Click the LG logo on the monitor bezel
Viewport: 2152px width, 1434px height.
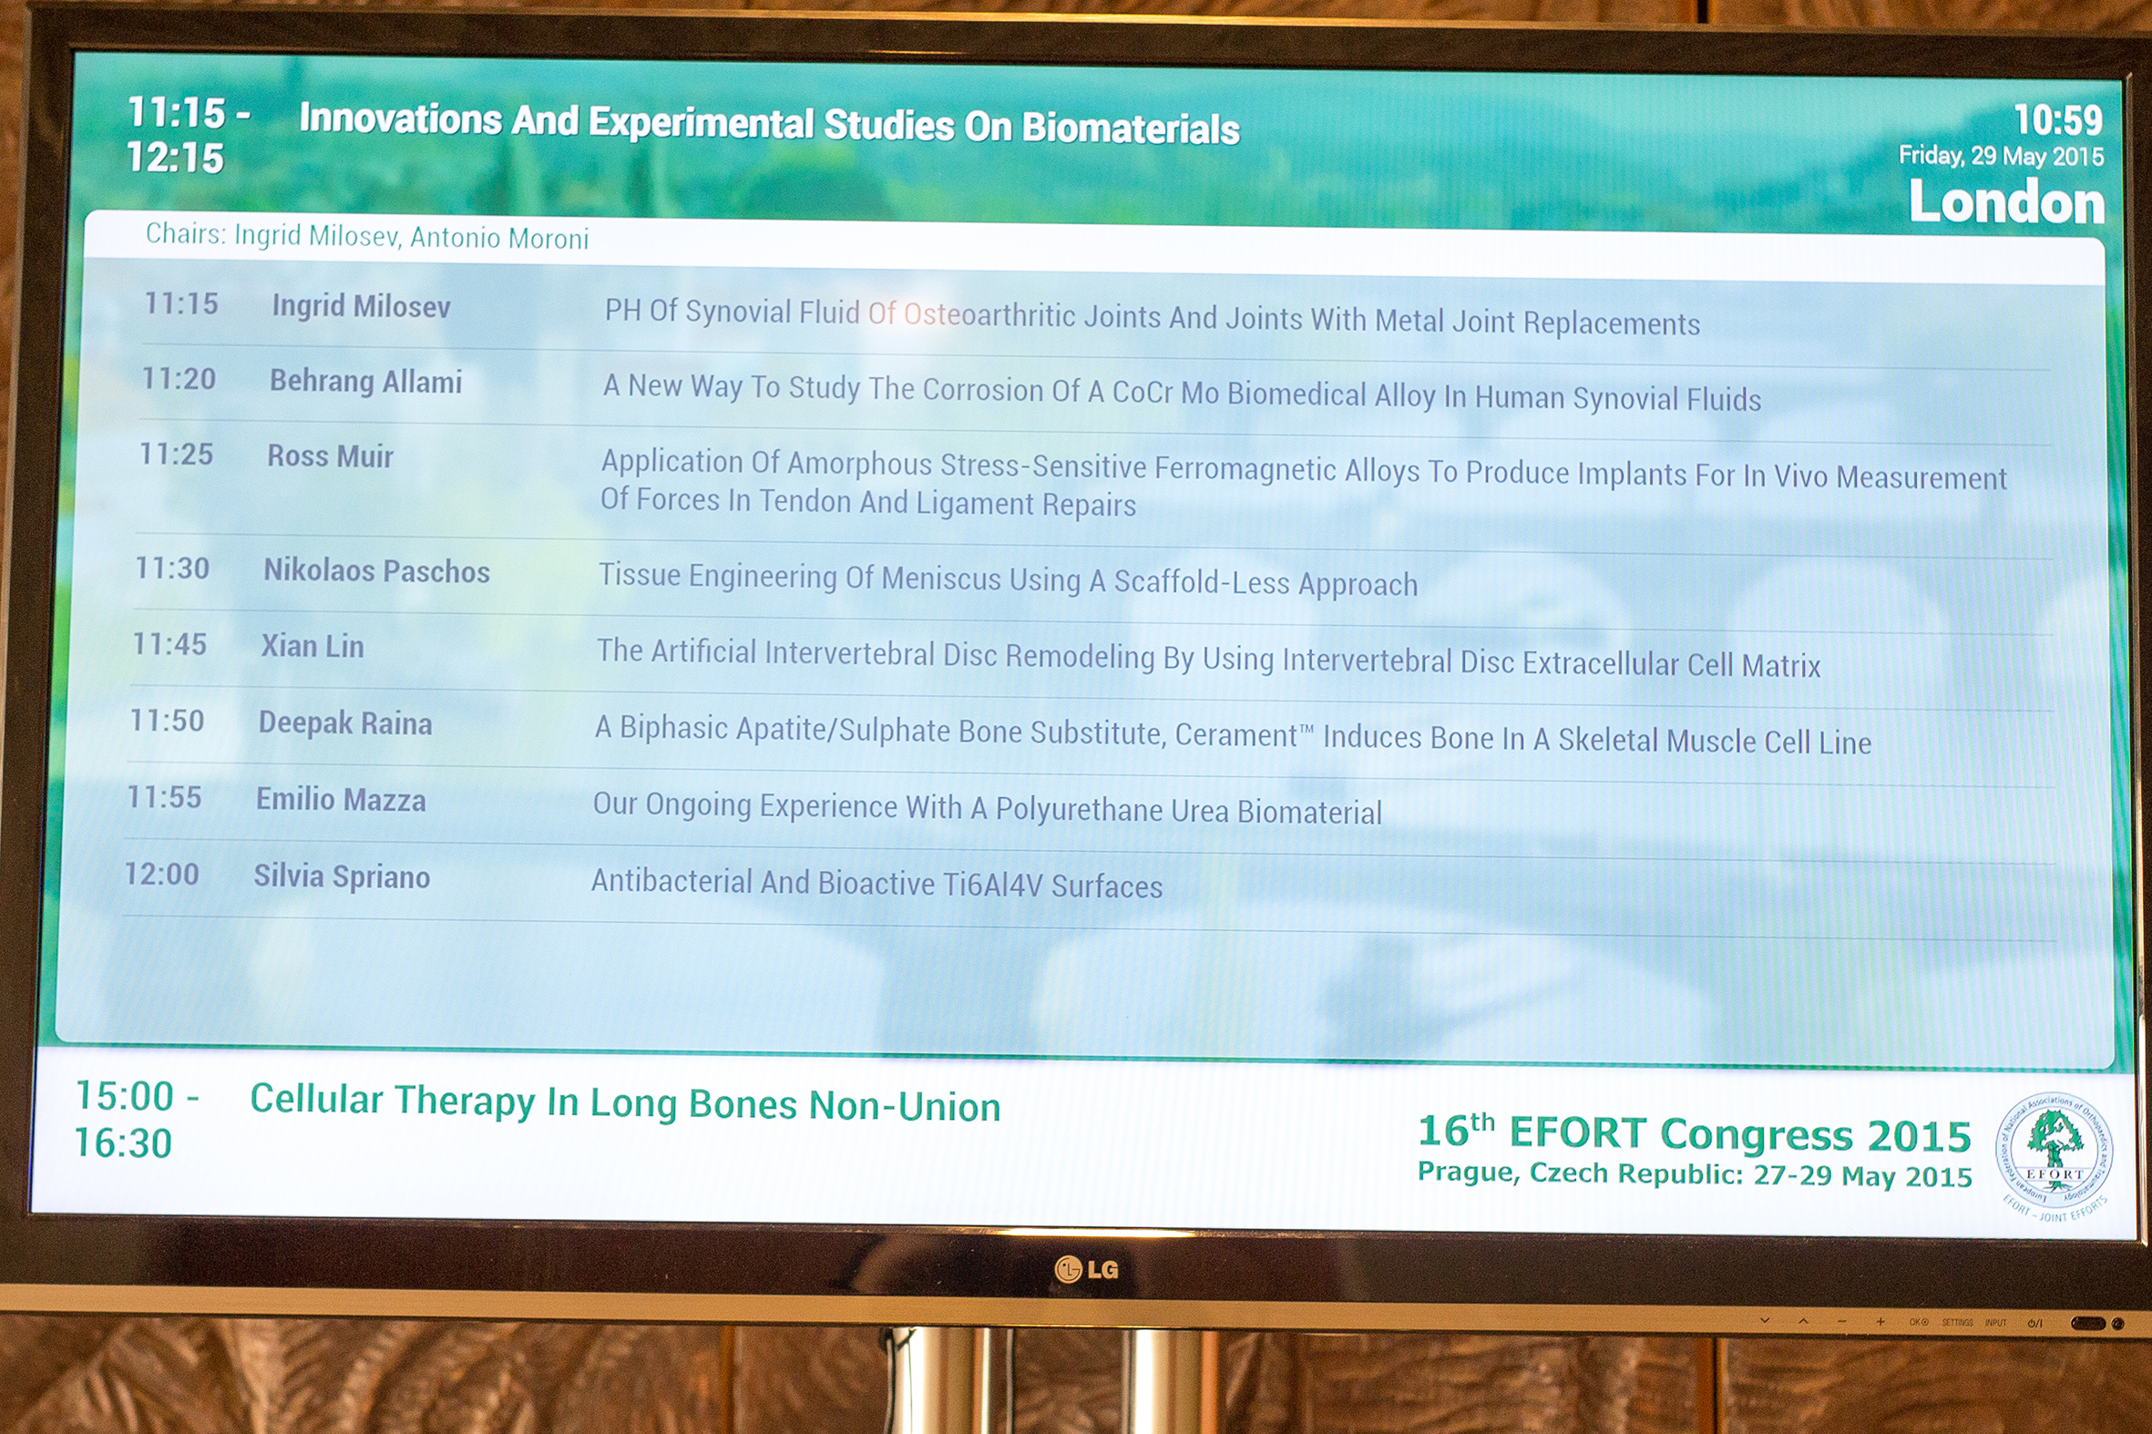pyautogui.click(x=1087, y=1269)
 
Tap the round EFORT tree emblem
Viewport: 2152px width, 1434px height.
pyautogui.click(x=2055, y=1154)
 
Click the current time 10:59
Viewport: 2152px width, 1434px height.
pyautogui.click(x=2058, y=120)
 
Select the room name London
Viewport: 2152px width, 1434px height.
pyautogui.click(x=2006, y=201)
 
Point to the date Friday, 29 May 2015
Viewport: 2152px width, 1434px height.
pyautogui.click(x=2001, y=157)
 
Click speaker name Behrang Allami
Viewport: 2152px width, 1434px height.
pyautogui.click(x=366, y=382)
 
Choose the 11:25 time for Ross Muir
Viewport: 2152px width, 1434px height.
pyautogui.click(x=176, y=454)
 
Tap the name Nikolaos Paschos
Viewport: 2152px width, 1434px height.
pyautogui.click(x=377, y=571)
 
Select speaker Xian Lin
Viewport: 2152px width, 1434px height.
pyautogui.click(x=313, y=647)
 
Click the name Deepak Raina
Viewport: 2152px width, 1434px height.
pyautogui.click(x=344, y=723)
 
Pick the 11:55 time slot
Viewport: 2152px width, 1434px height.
pyautogui.click(x=165, y=797)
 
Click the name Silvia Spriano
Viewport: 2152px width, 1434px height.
pyautogui.click(x=342, y=877)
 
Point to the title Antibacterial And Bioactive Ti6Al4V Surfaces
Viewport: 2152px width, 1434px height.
pyautogui.click(x=877, y=884)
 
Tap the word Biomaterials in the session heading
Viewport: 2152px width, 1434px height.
pyautogui.click(x=1132, y=129)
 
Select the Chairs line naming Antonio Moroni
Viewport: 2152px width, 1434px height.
pyautogui.click(x=367, y=236)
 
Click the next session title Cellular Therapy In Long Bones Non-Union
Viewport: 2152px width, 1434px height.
pyautogui.click(x=626, y=1102)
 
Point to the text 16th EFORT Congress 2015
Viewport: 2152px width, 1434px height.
pyautogui.click(x=1694, y=1134)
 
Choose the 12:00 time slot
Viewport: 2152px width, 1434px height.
pyautogui.click(x=162, y=875)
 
